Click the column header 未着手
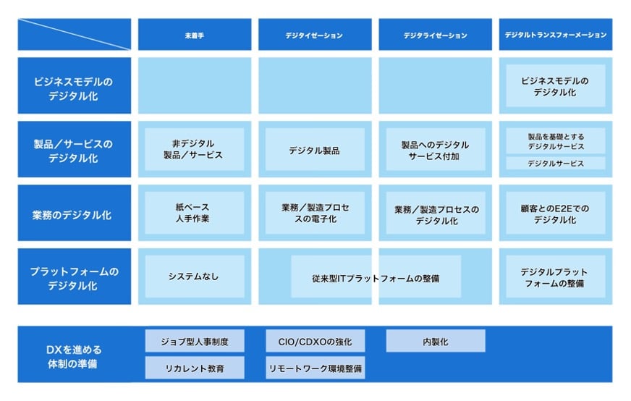click(x=194, y=35)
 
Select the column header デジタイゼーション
click(x=314, y=35)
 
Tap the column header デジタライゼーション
click(x=435, y=35)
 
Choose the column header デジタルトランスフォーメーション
click(x=555, y=35)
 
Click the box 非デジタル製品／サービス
click(x=194, y=149)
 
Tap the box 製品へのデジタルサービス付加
click(x=435, y=150)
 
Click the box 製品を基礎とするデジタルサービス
click(x=555, y=140)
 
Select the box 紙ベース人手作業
click(x=194, y=213)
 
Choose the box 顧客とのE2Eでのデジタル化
click(x=555, y=214)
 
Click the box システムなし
click(x=194, y=277)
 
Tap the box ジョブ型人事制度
click(x=194, y=341)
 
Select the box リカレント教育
click(x=194, y=368)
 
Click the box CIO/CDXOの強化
click(x=314, y=341)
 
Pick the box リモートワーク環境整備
click(x=314, y=368)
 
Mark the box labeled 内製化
click(x=435, y=341)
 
